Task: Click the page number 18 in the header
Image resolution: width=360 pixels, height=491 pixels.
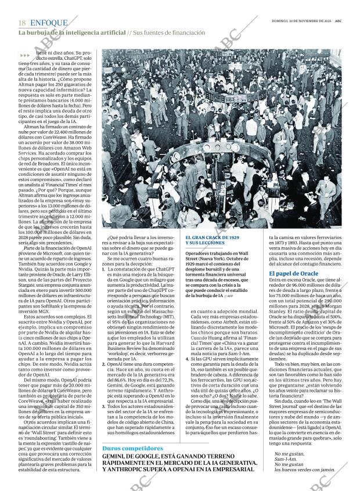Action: (22, 23)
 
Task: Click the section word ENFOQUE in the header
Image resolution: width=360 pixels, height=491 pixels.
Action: (48, 23)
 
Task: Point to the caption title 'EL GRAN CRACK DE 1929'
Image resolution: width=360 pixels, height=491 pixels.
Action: (212, 239)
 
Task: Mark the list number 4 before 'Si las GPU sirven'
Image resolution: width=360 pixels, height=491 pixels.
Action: (187, 359)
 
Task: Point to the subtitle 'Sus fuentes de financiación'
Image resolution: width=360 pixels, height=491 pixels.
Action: (169, 33)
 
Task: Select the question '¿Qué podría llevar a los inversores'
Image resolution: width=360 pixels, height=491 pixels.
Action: (139, 238)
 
